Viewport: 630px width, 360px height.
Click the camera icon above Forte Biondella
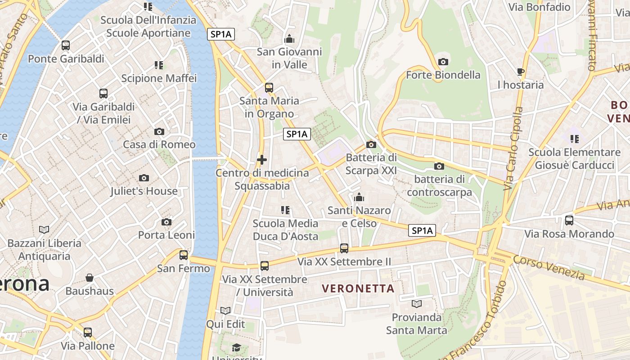click(x=443, y=62)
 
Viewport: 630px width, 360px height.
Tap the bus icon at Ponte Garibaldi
click(x=66, y=45)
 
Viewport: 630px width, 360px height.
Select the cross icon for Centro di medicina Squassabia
click(x=262, y=160)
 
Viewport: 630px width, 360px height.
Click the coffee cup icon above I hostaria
click(x=521, y=72)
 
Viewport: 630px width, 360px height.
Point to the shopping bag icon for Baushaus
click(x=90, y=278)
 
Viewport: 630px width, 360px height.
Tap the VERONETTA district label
click(x=358, y=288)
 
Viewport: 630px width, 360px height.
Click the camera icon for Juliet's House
click(x=144, y=178)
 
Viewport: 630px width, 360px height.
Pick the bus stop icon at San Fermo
click(x=184, y=255)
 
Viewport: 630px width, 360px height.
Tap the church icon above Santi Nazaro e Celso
click(x=359, y=197)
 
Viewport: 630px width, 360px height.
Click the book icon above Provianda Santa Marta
click(x=417, y=304)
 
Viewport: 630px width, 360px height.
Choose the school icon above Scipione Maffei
click(x=159, y=65)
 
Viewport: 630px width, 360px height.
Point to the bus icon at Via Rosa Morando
click(x=569, y=220)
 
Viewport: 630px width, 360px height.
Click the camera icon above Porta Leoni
click(x=166, y=222)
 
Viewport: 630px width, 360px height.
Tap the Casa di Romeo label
click(x=159, y=144)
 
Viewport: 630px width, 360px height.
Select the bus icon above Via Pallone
click(x=88, y=333)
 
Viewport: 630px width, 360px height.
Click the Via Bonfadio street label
click(x=539, y=7)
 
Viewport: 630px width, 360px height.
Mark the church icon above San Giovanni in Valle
click(x=289, y=39)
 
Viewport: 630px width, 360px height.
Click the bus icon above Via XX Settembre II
click(x=344, y=248)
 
